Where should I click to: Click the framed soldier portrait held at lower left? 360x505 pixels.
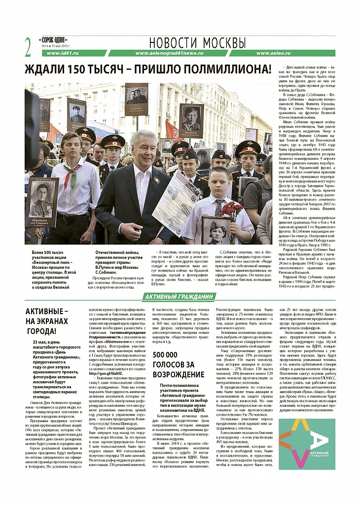[x=41, y=201]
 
